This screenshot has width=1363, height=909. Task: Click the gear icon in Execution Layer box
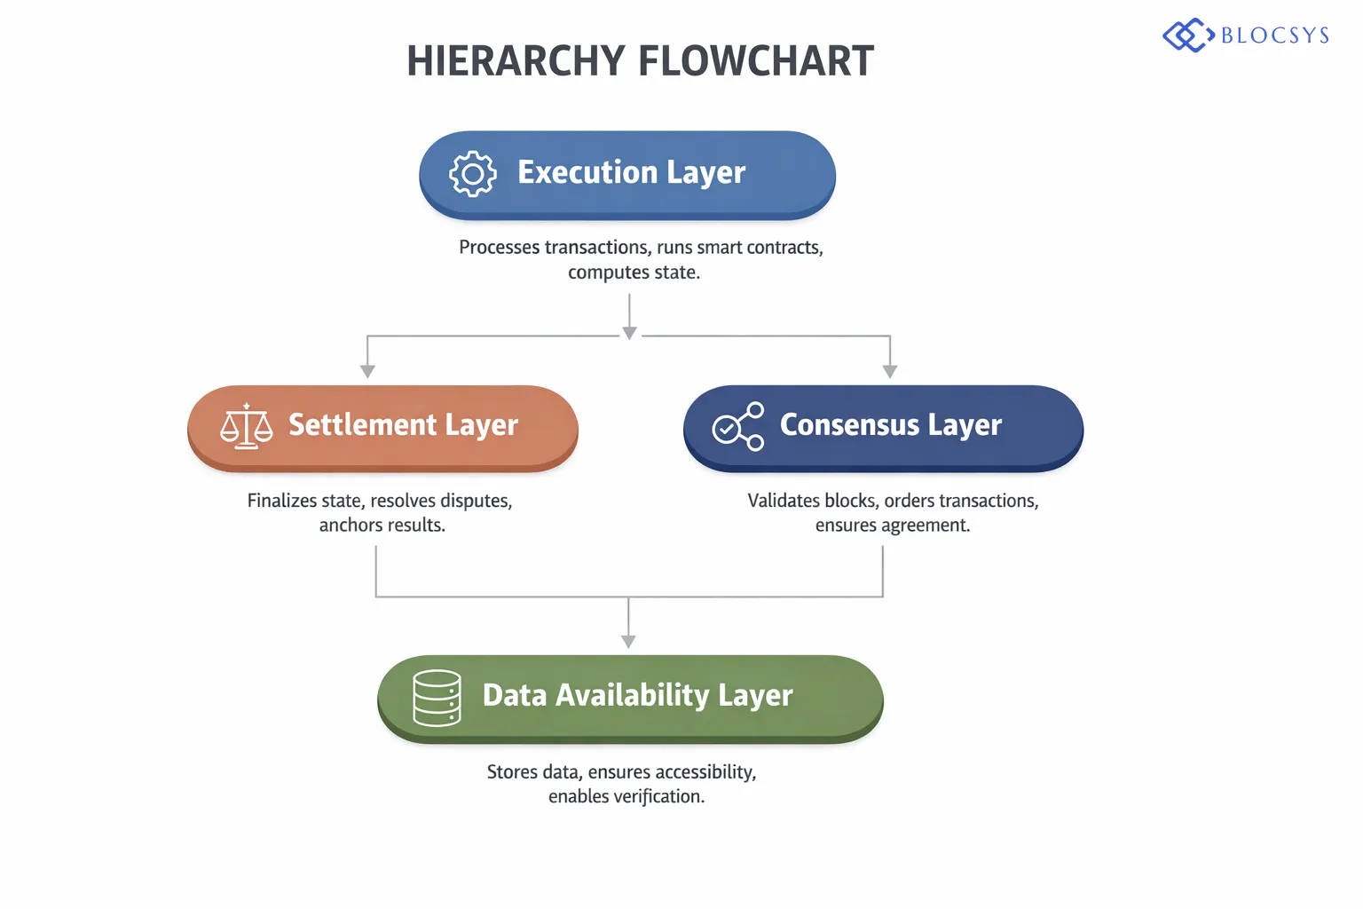[x=472, y=174]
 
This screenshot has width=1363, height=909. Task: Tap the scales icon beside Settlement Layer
[x=247, y=426]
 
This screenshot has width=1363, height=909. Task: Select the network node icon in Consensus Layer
[x=738, y=426]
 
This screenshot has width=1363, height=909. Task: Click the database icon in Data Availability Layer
[x=437, y=698]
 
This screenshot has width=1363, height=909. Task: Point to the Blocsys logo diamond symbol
[x=1188, y=36]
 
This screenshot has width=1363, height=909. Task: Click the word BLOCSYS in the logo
[x=1275, y=36]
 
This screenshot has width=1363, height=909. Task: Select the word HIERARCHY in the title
[x=516, y=61]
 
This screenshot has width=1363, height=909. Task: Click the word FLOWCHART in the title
[x=756, y=61]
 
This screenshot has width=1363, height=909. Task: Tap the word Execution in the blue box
[x=587, y=172]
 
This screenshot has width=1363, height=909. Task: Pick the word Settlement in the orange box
[x=363, y=425]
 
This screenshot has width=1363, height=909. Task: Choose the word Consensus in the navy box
[x=849, y=425]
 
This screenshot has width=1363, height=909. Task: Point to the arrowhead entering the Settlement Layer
[x=367, y=371]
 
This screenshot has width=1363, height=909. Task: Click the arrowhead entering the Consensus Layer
[x=890, y=371]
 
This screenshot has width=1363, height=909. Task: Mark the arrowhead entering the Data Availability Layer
[x=628, y=641]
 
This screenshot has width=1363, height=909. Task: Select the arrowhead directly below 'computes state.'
[x=629, y=333]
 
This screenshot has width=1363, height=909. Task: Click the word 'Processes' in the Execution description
[x=499, y=248]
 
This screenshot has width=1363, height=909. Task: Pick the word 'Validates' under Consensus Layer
[x=784, y=501]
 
